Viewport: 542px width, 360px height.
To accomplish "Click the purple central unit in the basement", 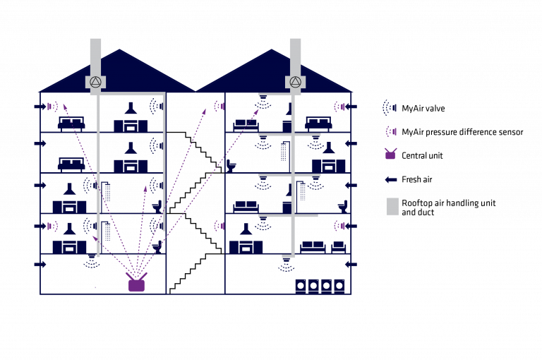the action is click(x=136, y=284).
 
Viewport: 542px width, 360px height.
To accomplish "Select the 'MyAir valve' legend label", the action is click(x=423, y=109).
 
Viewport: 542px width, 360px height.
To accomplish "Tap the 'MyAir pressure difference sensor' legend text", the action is click(x=462, y=132).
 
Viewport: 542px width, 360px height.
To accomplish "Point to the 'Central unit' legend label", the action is click(x=422, y=155).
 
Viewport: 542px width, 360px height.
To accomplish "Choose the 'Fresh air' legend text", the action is click(x=417, y=179).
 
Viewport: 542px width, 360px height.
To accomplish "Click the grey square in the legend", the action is click(x=392, y=207).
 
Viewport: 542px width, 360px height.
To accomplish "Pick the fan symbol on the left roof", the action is click(x=95, y=83).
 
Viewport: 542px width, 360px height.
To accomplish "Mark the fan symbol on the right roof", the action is click(x=295, y=83).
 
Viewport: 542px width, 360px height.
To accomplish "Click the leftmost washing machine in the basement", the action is click(x=301, y=287).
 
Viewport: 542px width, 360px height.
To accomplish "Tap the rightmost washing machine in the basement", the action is click(x=339, y=287).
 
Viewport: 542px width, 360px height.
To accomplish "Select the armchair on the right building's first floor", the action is click(x=339, y=247).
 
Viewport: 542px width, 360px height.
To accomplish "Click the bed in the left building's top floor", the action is click(x=71, y=124).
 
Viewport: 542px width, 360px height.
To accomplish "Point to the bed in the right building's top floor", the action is click(x=318, y=124).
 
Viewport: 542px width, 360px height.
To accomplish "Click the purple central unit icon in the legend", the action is click(x=390, y=155).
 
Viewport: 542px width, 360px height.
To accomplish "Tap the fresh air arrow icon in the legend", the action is click(x=391, y=179).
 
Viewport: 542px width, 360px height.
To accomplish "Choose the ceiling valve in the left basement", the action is click(x=92, y=261).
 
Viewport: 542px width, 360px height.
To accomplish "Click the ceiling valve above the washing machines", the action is click(x=287, y=264).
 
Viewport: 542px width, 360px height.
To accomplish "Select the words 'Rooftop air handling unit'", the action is click(x=448, y=203).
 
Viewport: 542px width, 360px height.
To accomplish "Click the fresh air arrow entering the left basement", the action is click(x=40, y=265).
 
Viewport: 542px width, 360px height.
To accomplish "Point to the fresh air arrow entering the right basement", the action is click(x=351, y=265).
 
